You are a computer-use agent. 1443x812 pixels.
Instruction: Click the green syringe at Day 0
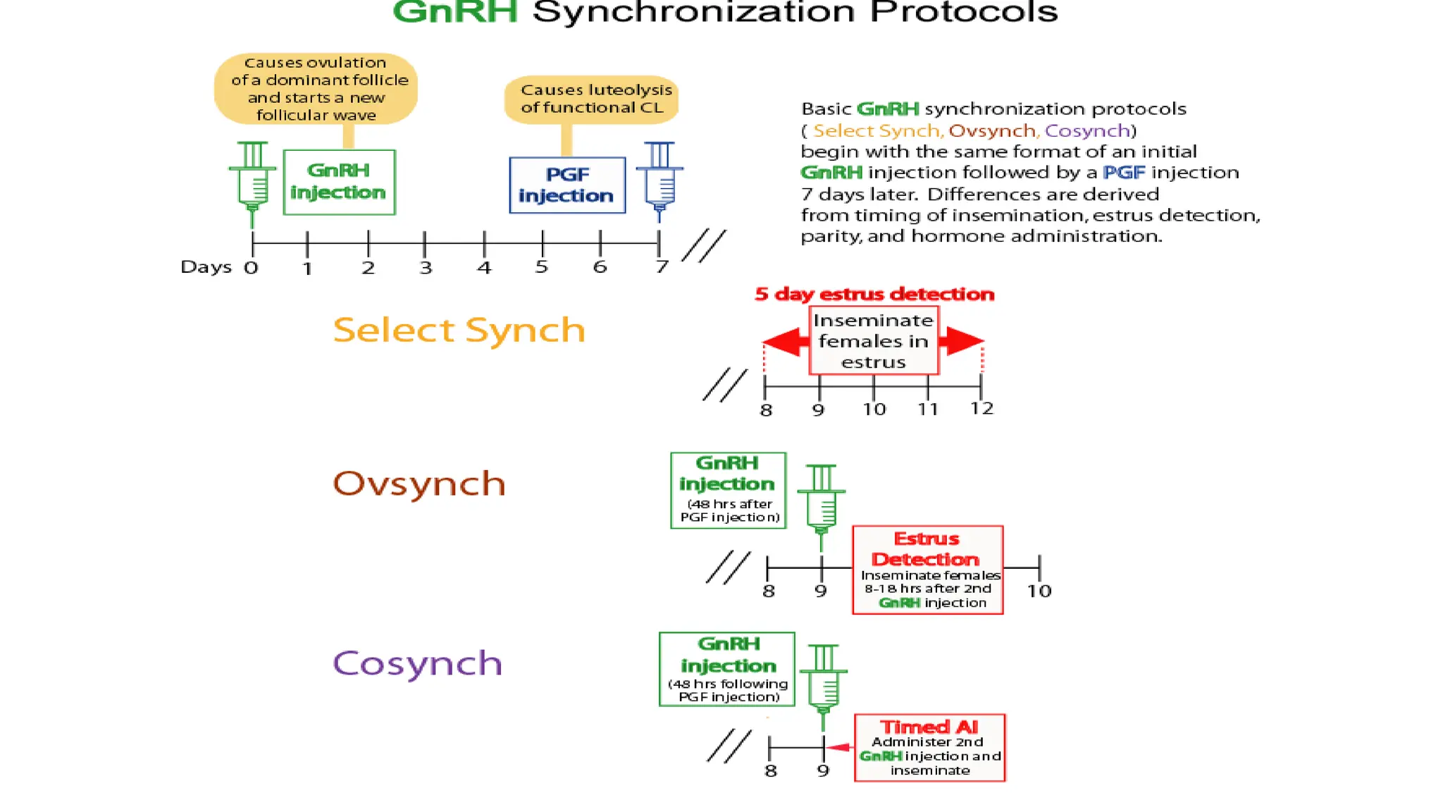click(x=252, y=181)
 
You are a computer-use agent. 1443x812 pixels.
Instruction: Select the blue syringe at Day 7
click(x=659, y=180)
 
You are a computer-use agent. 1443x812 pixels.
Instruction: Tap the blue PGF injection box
click(x=567, y=185)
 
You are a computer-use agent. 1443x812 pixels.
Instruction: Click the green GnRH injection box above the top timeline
click(x=339, y=182)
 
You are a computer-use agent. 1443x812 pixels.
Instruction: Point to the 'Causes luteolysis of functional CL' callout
click(x=592, y=99)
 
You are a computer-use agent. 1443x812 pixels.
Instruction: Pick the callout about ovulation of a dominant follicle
click(x=316, y=89)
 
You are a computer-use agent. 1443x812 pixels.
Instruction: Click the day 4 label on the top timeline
click(x=484, y=268)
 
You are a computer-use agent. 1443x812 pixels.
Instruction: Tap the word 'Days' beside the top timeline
click(x=206, y=267)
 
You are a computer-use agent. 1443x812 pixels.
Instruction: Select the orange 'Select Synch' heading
click(x=459, y=330)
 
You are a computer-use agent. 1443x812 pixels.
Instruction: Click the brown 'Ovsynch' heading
click(x=419, y=484)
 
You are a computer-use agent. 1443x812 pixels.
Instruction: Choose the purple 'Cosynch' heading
click(x=417, y=663)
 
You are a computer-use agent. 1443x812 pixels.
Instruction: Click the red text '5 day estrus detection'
click(x=874, y=294)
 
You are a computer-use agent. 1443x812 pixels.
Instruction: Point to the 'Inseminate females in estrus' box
click(x=874, y=340)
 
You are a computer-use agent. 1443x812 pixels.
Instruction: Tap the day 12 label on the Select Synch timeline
click(x=981, y=409)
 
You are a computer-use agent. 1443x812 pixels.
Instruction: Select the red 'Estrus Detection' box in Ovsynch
click(x=927, y=570)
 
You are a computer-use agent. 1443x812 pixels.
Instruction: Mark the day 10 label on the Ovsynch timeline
click(x=1039, y=591)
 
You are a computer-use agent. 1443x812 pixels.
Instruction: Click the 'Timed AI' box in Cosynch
click(x=929, y=748)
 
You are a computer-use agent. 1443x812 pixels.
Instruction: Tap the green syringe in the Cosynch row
click(x=823, y=683)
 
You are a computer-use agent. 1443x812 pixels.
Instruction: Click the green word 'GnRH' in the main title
click(x=455, y=13)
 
